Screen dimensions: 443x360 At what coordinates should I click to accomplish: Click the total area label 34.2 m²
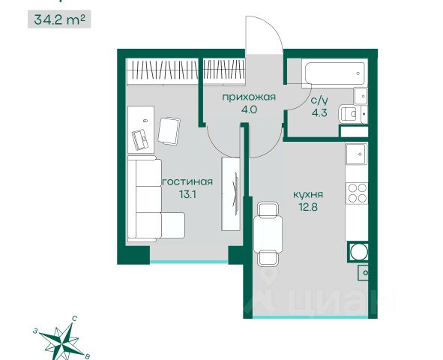pyautogui.click(x=59, y=19)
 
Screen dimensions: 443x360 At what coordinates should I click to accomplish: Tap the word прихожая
pyautogui.click(x=249, y=97)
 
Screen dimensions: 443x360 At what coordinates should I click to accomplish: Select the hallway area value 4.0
pyautogui.click(x=249, y=109)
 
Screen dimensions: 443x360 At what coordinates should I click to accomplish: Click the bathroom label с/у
pyautogui.click(x=319, y=100)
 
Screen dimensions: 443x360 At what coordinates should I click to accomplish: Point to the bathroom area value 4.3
pyautogui.click(x=319, y=113)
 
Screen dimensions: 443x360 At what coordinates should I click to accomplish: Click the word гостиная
pyautogui.click(x=187, y=182)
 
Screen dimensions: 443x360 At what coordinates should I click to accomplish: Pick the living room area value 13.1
pyautogui.click(x=187, y=194)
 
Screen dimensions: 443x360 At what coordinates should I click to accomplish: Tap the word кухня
pyautogui.click(x=308, y=195)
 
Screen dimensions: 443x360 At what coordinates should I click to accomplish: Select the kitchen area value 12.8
pyautogui.click(x=308, y=207)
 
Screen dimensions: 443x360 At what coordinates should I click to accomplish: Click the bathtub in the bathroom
pyautogui.click(x=334, y=73)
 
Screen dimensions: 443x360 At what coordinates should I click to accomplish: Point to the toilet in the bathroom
pyautogui.click(x=350, y=114)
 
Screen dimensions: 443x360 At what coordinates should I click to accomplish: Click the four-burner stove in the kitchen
pyautogui.click(x=357, y=193)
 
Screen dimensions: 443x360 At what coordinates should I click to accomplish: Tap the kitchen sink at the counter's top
pyautogui.click(x=357, y=154)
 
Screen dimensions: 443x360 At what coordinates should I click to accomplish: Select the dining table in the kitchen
pyautogui.click(x=268, y=234)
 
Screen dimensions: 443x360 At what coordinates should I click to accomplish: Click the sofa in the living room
pyautogui.click(x=156, y=199)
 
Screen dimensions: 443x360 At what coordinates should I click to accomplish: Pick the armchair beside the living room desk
pyautogui.click(x=169, y=131)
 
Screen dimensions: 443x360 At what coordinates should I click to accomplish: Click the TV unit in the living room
pyautogui.click(x=232, y=193)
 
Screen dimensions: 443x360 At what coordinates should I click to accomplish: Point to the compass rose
pyautogui.click(x=62, y=337)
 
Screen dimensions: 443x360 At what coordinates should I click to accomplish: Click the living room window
pyautogui.click(x=189, y=262)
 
